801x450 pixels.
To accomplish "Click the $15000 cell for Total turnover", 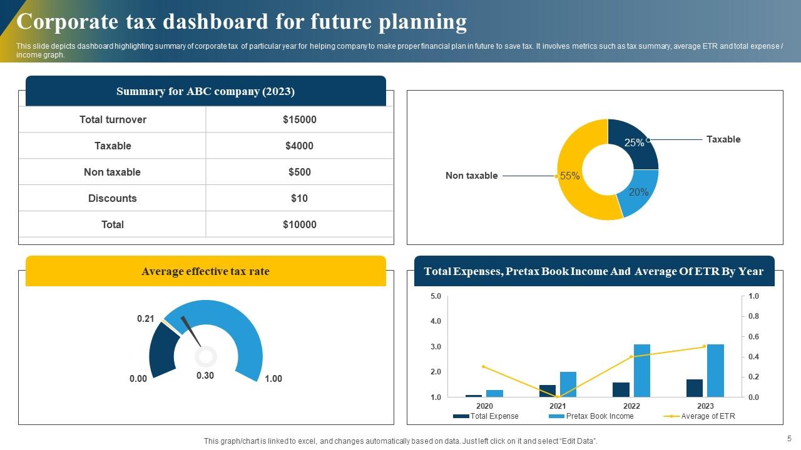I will pyautogui.click(x=299, y=119).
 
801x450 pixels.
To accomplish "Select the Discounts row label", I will pyautogui.click(x=113, y=198).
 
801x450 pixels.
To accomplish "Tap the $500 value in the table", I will pyautogui.click(x=299, y=172).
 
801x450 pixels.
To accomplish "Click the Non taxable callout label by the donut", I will pyautogui.click(x=471, y=176).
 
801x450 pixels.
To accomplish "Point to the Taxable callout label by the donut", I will pyautogui.click(x=723, y=139).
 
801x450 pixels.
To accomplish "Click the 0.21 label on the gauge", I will pyautogui.click(x=146, y=319).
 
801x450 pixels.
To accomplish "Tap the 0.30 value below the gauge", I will pyautogui.click(x=205, y=376).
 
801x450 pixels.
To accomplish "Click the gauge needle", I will pyautogui.click(x=190, y=331).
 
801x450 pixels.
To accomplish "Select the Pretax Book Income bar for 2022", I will pyautogui.click(x=641, y=370).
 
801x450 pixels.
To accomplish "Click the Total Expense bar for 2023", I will pyautogui.click(x=694, y=388).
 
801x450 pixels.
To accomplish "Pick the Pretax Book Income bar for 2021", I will pyautogui.click(x=568, y=384).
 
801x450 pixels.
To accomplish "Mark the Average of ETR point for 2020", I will pyautogui.click(x=483, y=367).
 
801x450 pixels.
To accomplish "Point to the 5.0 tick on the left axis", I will pyautogui.click(x=436, y=296).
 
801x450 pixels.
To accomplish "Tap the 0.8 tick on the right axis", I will pyautogui.click(x=754, y=316).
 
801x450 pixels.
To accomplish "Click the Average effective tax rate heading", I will pyautogui.click(x=205, y=271).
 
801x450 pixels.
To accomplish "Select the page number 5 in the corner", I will pyautogui.click(x=789, y=439).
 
